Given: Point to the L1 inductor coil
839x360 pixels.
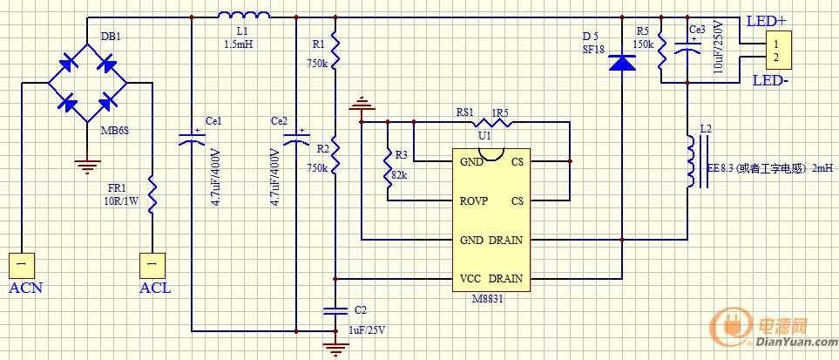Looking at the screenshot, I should point(244,15).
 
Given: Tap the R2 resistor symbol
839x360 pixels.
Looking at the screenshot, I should point(335,156).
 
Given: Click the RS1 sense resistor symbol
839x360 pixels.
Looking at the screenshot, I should point(489,123).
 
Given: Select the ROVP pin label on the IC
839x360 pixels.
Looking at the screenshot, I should point(474,200).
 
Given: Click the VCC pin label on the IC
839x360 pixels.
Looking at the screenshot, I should point(470,279).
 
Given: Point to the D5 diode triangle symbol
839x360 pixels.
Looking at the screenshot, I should point(621,63).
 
